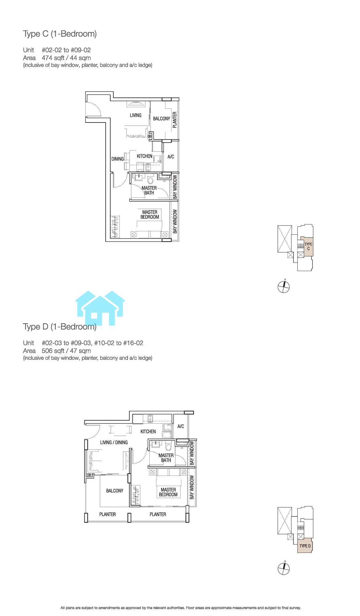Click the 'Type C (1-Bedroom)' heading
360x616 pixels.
[60, 34]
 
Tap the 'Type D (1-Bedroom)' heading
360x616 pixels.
[60, 327]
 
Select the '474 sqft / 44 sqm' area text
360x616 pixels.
[66, 58]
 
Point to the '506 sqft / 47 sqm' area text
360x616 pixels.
[66, 351]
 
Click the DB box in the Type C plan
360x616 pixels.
[150, 136]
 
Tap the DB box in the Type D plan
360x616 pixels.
[89, 475]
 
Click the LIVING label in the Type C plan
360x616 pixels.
[136, 115]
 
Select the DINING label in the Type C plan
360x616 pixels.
[117, 159]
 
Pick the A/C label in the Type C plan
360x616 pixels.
[171, 157]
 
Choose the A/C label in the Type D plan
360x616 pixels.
[180, 426]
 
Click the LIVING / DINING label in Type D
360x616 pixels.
[114, 442]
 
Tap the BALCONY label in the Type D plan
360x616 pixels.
[115, 491]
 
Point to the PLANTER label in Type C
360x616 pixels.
[175, 120]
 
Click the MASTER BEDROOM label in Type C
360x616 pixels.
[150, 215]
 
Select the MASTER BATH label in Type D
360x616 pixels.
[166, 458]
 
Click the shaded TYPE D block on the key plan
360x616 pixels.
[305, 546]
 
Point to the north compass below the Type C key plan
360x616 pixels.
[284, 287]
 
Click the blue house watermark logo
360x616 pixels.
[100, 308]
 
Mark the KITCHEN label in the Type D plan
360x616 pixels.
[148, 432]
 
